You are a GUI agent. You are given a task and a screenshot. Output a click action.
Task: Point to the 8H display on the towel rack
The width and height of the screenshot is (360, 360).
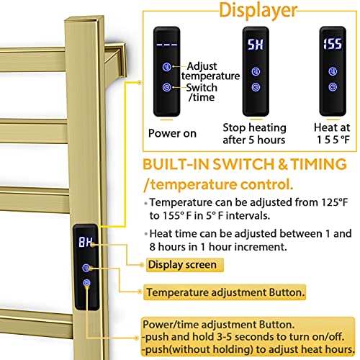tap(85, 243)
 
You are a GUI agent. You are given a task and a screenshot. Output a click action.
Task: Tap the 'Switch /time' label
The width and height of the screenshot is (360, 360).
tap(202, 93)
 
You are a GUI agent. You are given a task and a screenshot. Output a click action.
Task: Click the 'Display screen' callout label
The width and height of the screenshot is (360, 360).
tap(181, 264)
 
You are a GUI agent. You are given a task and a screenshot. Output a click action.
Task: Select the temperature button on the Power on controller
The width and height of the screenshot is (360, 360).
tap(167, 68)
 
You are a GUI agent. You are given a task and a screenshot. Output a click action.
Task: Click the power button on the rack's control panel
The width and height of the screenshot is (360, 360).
tap(86, 284)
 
